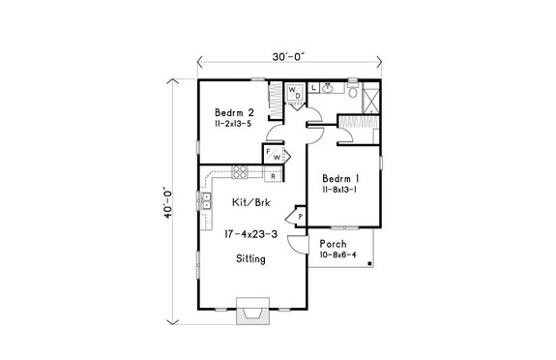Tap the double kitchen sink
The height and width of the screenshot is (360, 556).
click(206, 202)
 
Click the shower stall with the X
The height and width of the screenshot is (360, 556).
click(370, 94)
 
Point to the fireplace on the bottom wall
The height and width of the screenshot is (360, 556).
click(251, 314)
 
